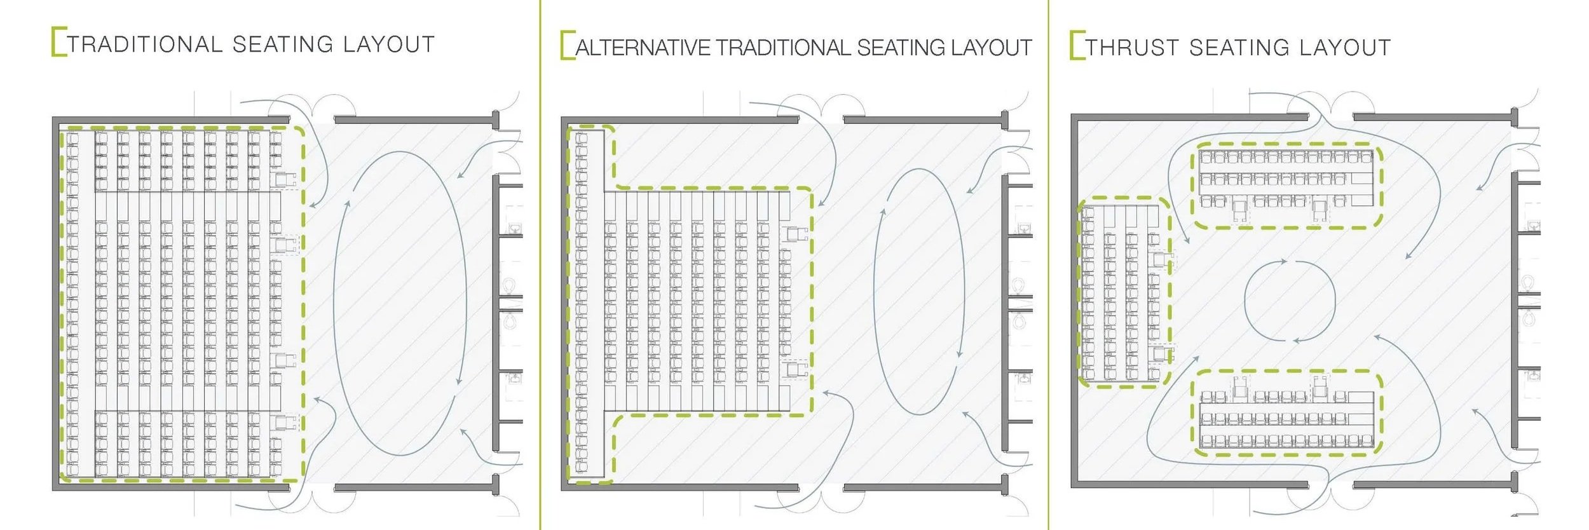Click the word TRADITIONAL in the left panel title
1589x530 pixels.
[x=145, y=44]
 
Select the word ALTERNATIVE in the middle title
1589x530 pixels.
[x=643, y=48]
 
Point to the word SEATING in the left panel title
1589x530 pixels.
[x=282, y=44]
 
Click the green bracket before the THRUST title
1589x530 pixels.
[x=1076, y=45]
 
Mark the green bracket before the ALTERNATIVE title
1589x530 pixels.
[x=567, y=45]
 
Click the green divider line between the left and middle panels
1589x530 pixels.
[x=540, y=264]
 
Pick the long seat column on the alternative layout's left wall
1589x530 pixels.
[x=582, y=302]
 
